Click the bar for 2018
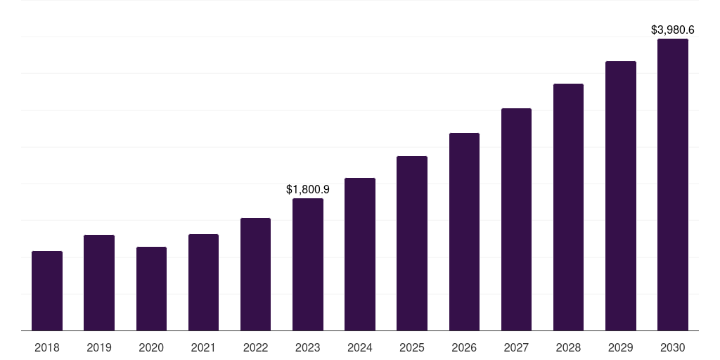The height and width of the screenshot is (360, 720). [47, 290]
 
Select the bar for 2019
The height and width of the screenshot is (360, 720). [99, 283]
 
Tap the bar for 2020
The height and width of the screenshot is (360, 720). [151, 288]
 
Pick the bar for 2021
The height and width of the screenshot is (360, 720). [203, 282]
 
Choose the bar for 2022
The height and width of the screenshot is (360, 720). [255, 274]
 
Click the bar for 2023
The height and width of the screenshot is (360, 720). [308, 264]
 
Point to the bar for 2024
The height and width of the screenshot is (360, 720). [360, 254]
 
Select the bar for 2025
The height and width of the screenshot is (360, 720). [412, 243]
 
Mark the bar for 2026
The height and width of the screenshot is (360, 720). [464, 231]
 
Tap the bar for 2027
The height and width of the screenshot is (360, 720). [516, 219]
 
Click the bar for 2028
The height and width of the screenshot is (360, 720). [568, 207]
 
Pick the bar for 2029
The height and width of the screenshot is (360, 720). [621, 195]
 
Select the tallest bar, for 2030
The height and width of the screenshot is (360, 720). [673, 184]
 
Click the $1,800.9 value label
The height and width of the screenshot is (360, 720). [308, 189]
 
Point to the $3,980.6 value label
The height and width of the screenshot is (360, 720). [673, 30]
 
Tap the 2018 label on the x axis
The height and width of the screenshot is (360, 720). [47, 347]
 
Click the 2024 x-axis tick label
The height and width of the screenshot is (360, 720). [360, 347]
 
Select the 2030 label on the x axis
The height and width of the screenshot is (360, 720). [673, 347]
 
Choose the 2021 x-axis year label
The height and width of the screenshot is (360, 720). [203, 347]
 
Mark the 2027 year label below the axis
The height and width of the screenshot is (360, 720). [516, 347]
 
